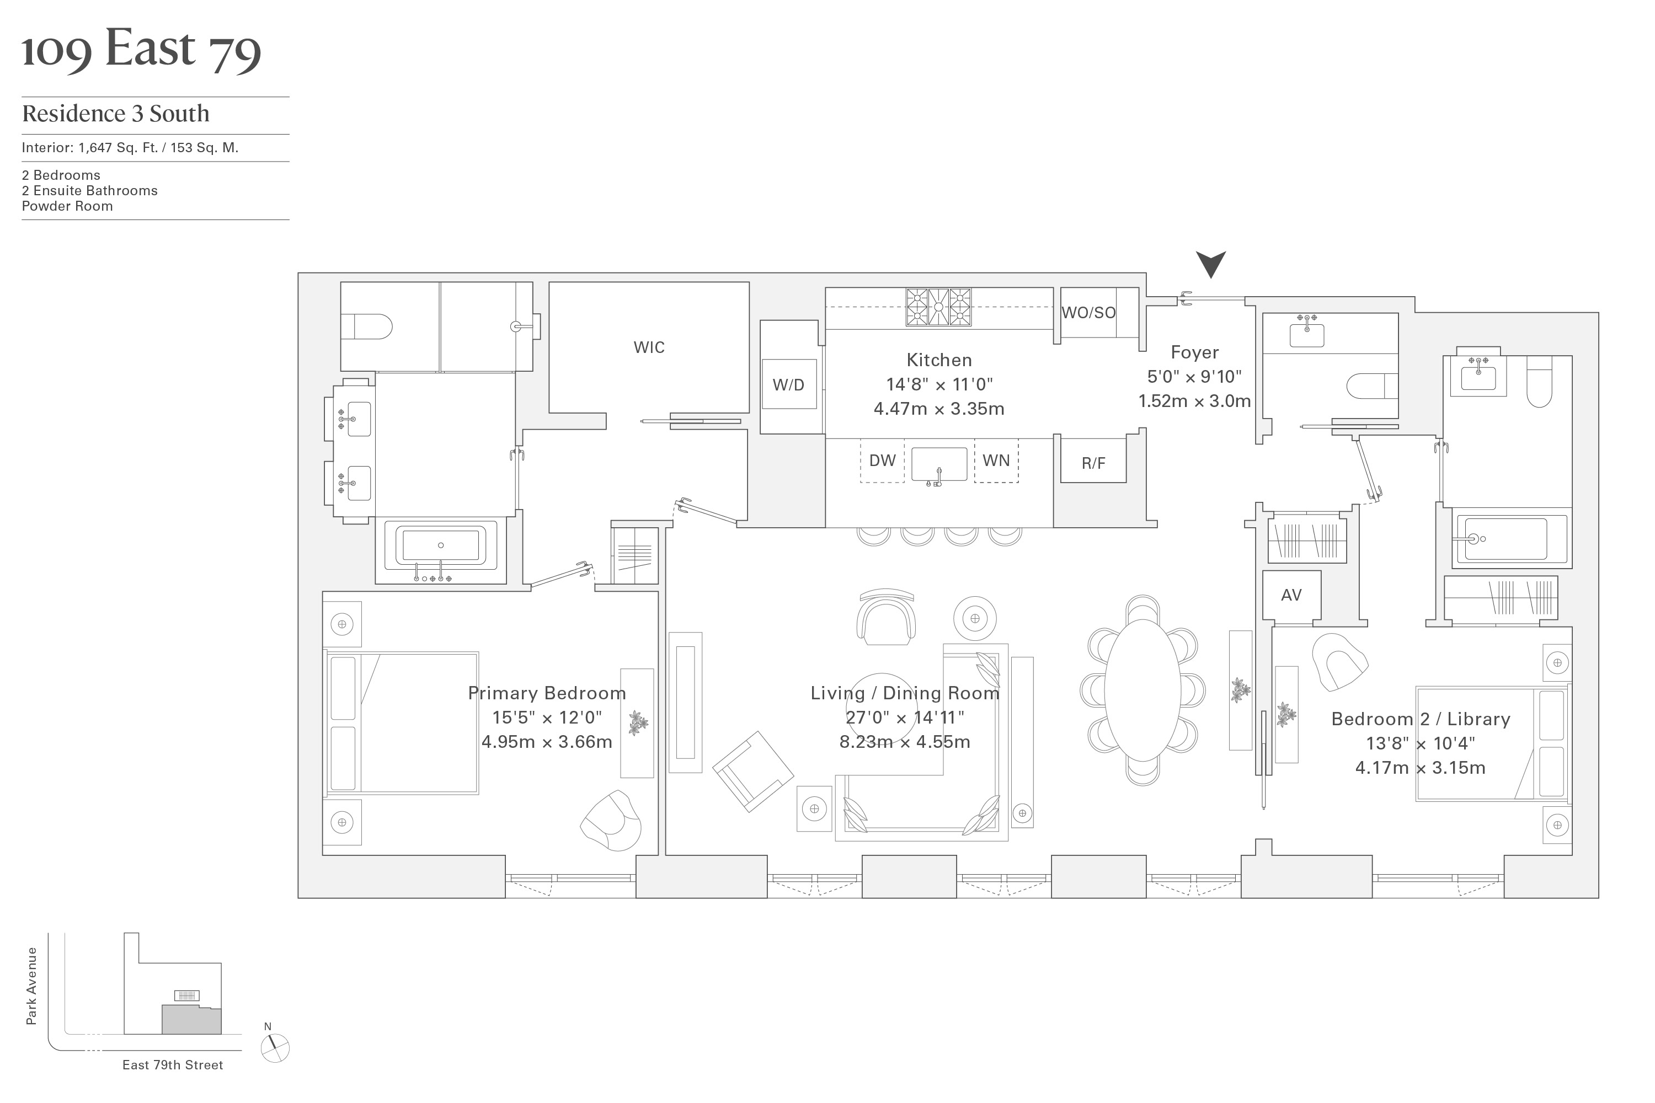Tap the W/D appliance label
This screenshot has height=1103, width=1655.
point(788,385)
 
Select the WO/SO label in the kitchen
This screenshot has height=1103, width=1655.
point(1088,312)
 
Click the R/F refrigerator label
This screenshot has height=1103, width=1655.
point(1093,463)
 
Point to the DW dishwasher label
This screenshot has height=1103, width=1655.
point(882,461)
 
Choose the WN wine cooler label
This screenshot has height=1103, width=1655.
point(996,461)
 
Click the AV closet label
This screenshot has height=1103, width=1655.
point(1291,595)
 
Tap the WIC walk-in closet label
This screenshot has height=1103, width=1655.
point(649,347)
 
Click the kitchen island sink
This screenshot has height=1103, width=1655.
point(939,464)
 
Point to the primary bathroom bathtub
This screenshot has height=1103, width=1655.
point(440,546)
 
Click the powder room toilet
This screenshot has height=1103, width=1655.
point(1371,386)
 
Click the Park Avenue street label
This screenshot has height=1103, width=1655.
point(31,986)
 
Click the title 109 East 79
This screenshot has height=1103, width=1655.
point(141,49)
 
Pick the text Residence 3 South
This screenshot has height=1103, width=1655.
point(116,113)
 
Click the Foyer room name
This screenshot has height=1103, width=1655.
point(1194,352)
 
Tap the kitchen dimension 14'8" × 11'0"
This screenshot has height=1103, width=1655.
point(939,384)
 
